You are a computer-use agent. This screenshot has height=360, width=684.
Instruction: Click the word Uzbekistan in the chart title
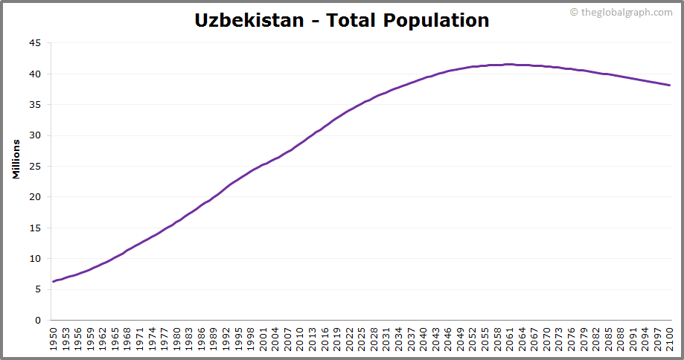point(249,20)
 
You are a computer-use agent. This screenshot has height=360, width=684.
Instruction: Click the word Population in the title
point(436,20)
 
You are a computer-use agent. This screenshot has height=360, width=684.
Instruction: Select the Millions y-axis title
point(16,158)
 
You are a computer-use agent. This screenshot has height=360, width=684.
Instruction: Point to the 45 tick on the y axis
point(35,43)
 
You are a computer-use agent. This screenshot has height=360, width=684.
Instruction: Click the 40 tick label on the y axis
point(35,74)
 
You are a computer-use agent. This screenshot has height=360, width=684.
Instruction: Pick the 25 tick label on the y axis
point(35,167)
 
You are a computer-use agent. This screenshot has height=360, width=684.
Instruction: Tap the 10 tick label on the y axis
point(35,259)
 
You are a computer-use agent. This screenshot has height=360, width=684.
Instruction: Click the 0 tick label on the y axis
point(38,321)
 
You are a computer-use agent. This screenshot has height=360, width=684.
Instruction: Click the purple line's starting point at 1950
point(54,282)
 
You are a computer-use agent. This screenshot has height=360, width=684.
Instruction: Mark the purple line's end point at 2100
point(670,85)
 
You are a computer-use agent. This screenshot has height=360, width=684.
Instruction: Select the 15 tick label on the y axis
point(35,228)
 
